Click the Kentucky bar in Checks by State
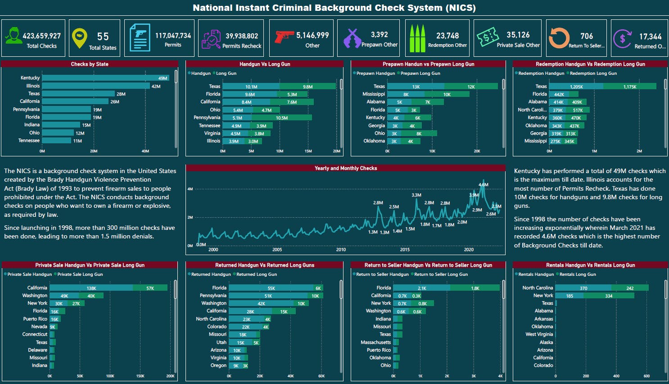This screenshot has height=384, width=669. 105,78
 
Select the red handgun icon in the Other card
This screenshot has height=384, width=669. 284,36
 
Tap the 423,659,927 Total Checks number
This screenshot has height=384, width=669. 41,36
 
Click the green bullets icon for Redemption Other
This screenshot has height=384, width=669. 417,38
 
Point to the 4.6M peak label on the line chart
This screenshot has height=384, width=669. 483,185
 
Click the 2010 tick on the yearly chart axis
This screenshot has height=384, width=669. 341,249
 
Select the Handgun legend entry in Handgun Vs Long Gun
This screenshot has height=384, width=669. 200,73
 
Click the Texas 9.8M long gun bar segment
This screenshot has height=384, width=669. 307,87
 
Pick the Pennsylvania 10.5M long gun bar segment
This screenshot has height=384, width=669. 282,118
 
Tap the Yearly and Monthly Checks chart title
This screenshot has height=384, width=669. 345,168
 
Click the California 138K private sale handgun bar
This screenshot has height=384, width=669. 91,288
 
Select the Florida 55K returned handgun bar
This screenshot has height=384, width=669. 271,288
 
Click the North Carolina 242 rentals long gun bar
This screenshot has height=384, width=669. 630,288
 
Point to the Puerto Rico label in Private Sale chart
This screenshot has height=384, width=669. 35,319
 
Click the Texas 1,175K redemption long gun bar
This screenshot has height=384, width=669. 629,87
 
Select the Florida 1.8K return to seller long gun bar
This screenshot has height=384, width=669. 475,288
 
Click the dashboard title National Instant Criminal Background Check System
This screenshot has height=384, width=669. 334,8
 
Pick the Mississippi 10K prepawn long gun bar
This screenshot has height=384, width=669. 447,94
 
